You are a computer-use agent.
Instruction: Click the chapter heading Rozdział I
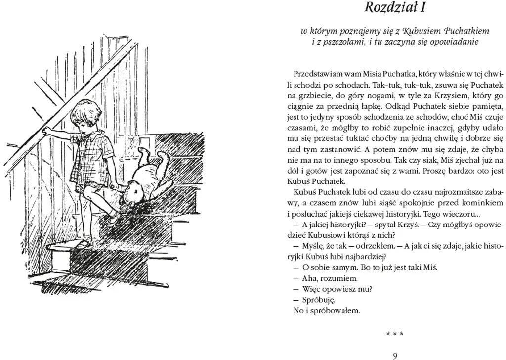[395, 8]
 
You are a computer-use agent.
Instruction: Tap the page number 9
[395, 355]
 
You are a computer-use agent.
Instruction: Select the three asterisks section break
[395, 334]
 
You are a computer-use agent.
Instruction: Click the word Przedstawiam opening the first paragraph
[317, 73]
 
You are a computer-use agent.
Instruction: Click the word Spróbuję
[318, 300]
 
